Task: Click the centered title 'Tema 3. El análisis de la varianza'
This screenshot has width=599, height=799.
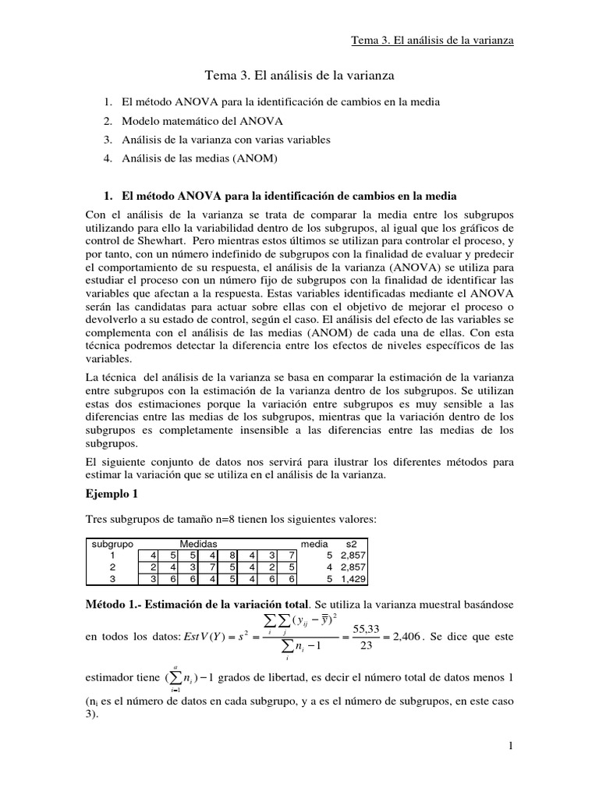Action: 299,76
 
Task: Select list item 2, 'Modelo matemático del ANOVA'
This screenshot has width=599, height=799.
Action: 202,121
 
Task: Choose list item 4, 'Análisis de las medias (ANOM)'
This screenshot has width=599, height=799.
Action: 200,158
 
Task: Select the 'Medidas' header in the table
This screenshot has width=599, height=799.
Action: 198,543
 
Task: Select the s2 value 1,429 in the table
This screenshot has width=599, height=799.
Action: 352,579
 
